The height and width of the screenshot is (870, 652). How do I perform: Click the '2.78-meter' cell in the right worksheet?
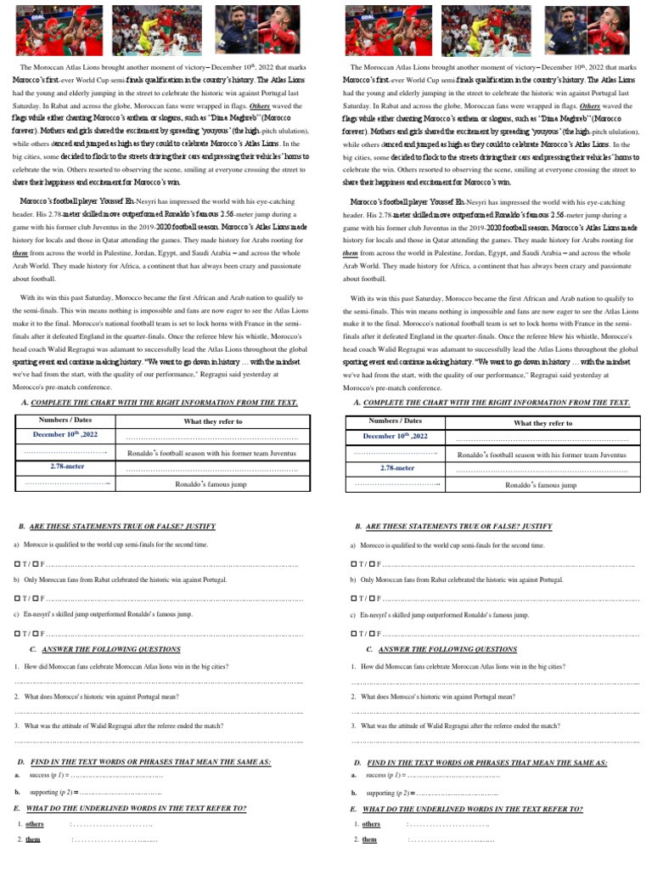pyautogui.click(x=398, y=468)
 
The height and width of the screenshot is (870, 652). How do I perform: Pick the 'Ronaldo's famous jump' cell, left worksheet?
pyautogui.click(x=212, y=484)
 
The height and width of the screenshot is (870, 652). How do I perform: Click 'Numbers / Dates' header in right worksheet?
pyautogui.click(x=396, y=421)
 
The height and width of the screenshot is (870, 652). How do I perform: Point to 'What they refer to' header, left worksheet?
pyautogui.click(x=212, y=421)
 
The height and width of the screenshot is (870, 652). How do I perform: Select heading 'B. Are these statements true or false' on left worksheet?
pyautogui.click(x=116, y=527)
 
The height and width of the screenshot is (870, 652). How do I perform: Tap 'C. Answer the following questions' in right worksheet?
pyautogui.click(x=436, y=649)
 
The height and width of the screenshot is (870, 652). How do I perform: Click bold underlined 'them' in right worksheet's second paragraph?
pyautogui.click(x=350, y=253)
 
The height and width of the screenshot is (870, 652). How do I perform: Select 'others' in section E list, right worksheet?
pyautogui.click(x=372, y=824)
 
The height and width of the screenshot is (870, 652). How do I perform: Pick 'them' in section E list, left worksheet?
pyautogui.click(x=33, y=839)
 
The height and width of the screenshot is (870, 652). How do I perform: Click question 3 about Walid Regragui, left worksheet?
pyautogui.click(x=119, y=726)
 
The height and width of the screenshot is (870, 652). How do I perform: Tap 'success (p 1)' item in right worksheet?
pyautogui.click(x=385, y=776)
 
